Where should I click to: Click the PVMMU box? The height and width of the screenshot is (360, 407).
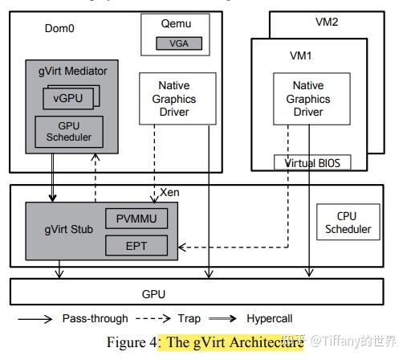click(136, 219)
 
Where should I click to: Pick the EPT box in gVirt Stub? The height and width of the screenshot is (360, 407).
click(136, 245)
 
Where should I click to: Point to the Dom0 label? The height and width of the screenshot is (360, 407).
click(59, 29)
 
